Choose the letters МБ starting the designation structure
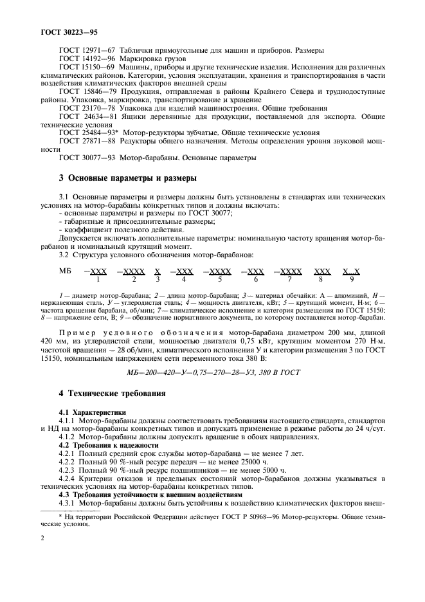pyautogui.click(x=66, y=271)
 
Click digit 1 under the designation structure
pyautogui.click(x=98, y=279)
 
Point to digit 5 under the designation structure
pyautogui.click(x=220, y=279)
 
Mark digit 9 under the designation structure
pyautogui.click(x=352, y=279)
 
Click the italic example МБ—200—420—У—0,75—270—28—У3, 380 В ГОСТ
pyautogui.click(x=213, y=372)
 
